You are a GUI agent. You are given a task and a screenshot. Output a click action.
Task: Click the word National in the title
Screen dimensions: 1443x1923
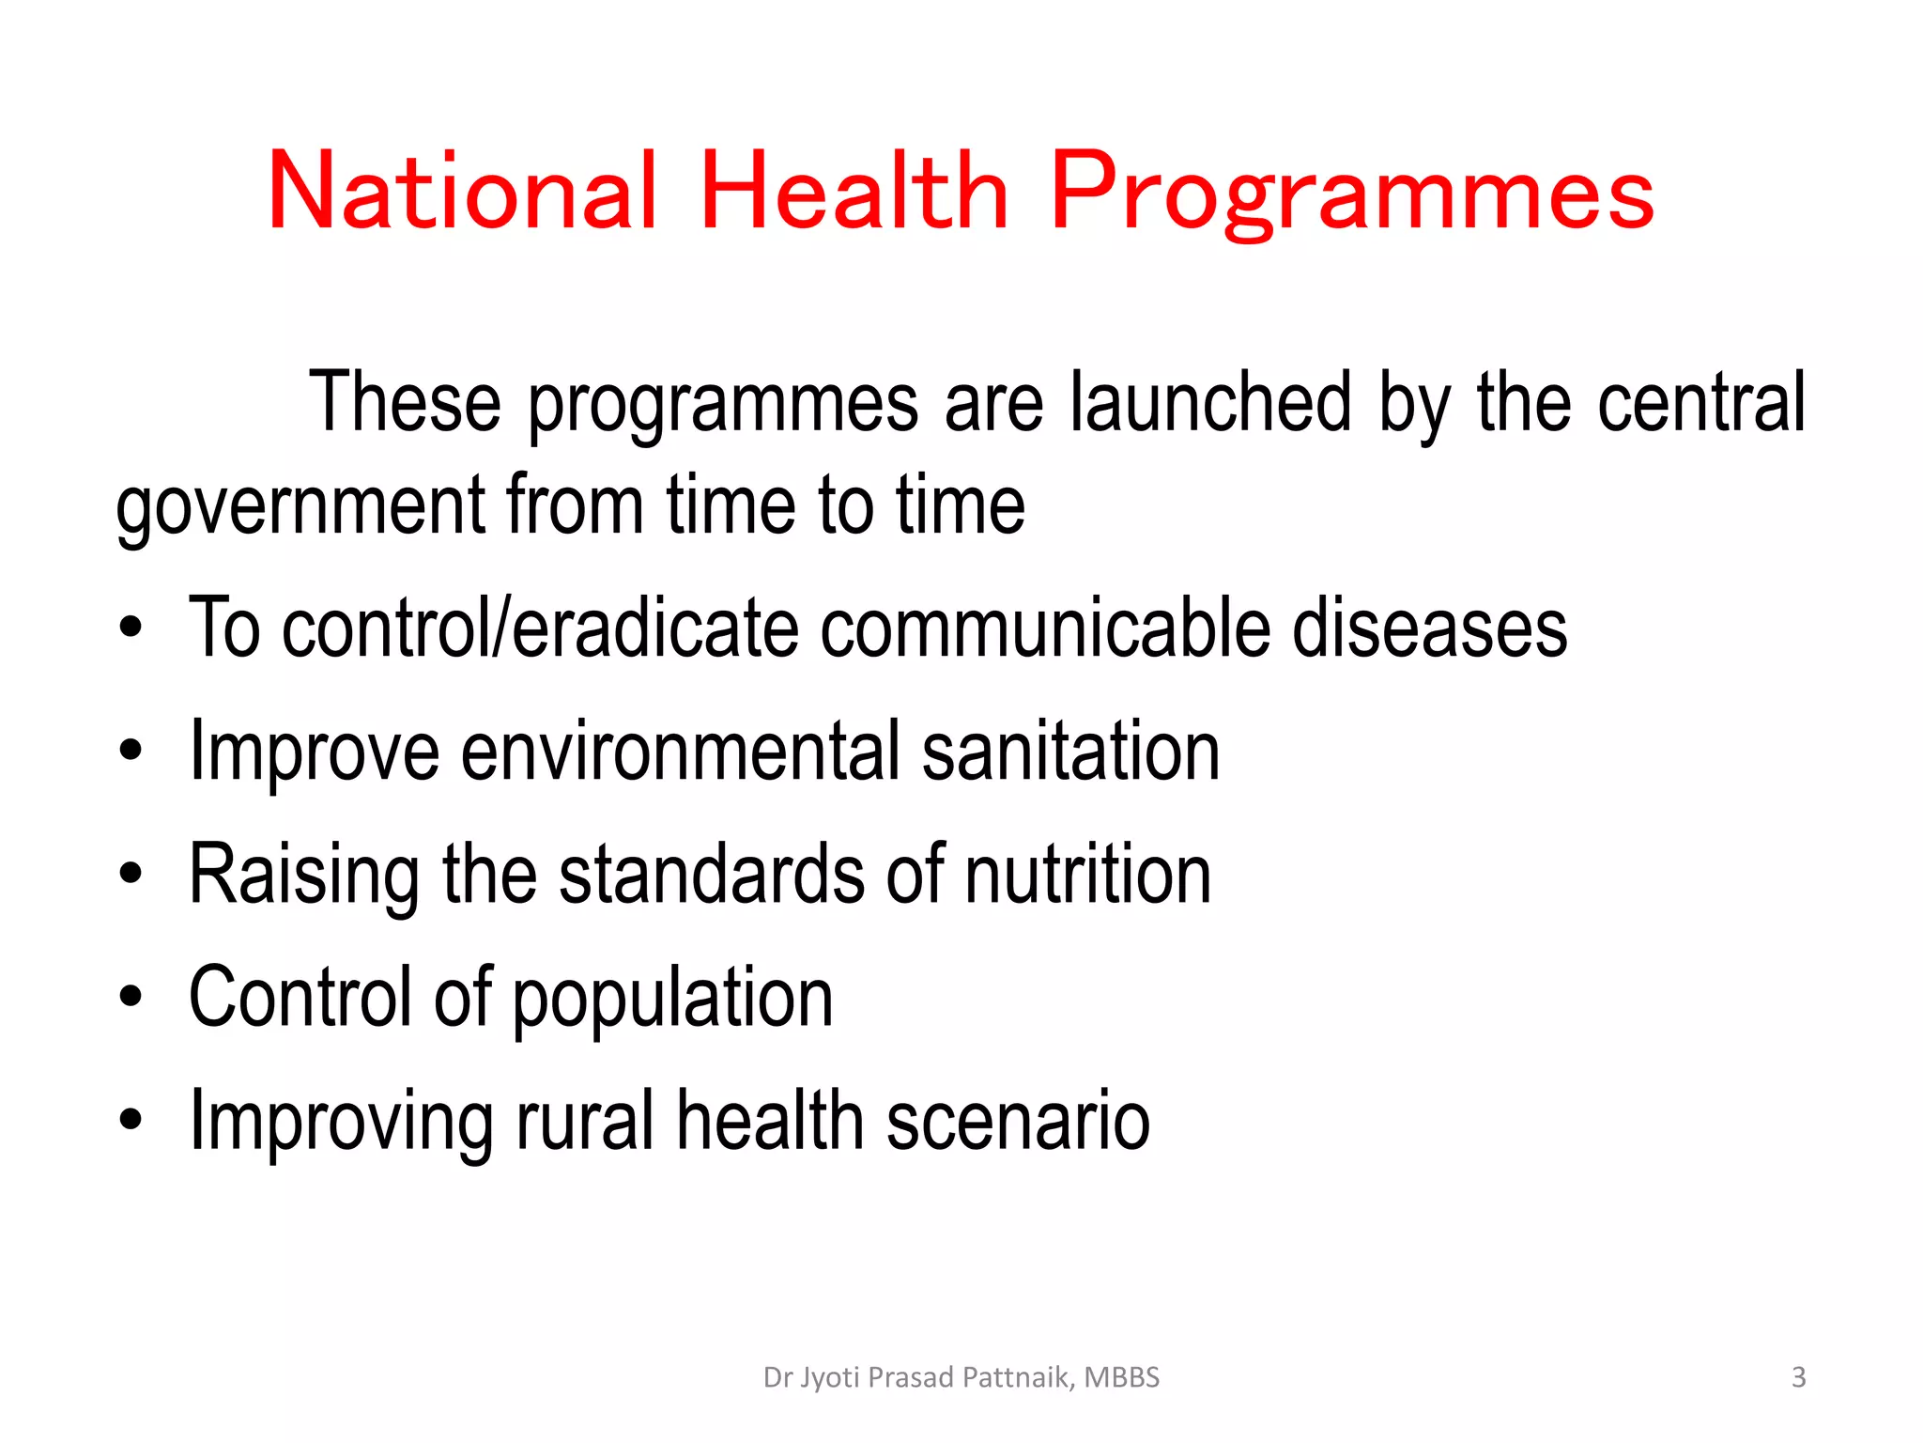(462, 193)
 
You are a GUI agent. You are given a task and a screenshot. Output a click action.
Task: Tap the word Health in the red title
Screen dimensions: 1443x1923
(854, 193)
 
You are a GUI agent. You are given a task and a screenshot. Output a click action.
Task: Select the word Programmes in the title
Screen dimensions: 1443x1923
(1351, 193)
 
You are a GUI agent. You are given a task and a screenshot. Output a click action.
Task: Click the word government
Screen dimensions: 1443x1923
(300, 507)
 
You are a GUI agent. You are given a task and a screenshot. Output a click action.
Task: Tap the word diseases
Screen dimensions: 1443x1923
(1429, 628)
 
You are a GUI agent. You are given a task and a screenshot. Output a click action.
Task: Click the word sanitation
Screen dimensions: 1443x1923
(1070, 752)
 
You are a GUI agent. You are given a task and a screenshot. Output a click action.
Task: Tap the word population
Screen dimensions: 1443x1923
(672, 999)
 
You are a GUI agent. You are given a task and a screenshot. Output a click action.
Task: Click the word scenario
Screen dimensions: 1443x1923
(1018, 1121)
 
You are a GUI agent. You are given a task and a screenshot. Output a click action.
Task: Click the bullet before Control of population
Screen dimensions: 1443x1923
(131, 998)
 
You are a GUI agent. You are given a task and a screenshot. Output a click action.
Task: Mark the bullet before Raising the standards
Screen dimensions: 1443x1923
(131, 875)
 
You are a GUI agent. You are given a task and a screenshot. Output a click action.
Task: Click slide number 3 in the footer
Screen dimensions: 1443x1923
(1798, 1377)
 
